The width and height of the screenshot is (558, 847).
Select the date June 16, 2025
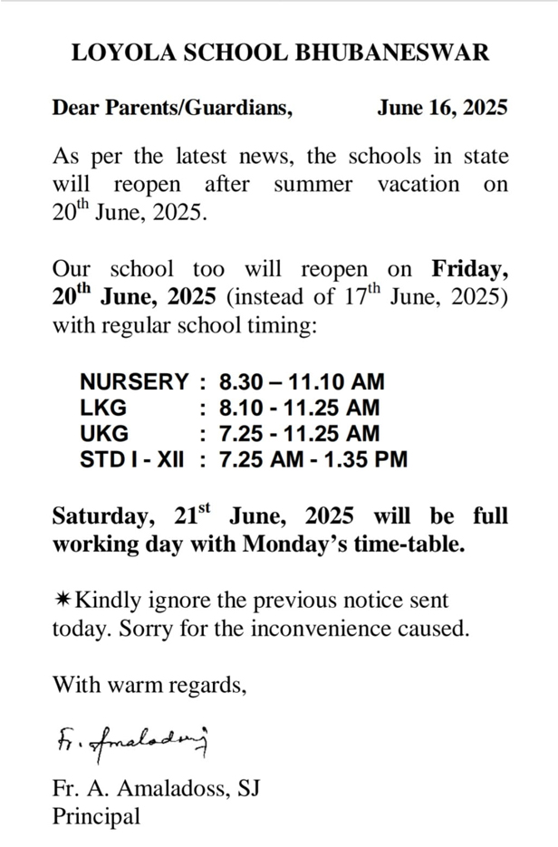(442, 109)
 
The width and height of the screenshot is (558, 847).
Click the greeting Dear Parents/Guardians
(172, 109)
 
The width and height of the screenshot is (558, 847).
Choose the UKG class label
(104, 433)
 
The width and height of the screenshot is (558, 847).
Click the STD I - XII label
(131, 459)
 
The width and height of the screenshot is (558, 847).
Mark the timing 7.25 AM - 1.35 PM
(306, 459)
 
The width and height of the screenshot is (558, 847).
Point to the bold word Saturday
(102, 516)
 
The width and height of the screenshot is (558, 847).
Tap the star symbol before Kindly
(61, 600)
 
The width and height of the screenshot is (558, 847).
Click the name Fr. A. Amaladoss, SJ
(157, 788)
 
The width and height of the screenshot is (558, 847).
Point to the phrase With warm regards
(149, 684)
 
